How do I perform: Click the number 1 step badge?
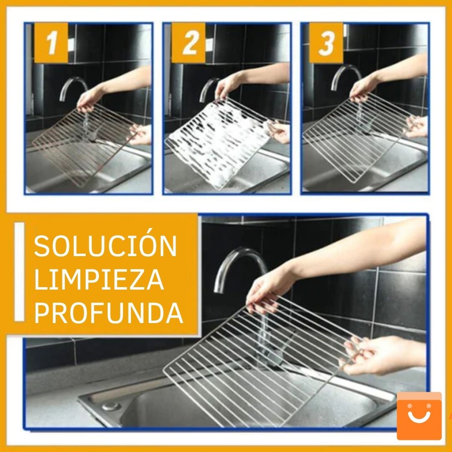pos(51,43)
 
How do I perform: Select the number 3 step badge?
pos(326,43)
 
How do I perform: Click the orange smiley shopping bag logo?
pos(419,416)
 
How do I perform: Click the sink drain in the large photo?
pos(110,406)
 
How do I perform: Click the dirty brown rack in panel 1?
pos(84,142)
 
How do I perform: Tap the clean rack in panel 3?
pos(356,134)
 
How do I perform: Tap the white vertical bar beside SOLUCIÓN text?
pos(19,272)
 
